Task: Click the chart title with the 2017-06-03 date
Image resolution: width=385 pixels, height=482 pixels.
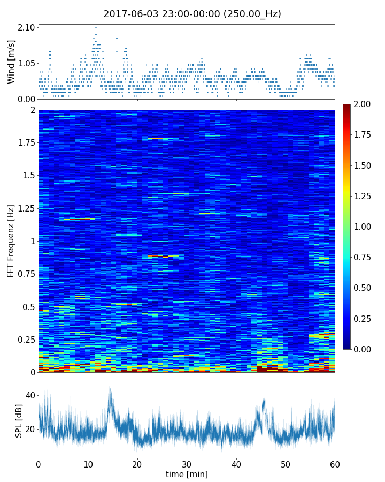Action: point(192,14)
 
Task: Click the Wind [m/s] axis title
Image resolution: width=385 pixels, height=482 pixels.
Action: point(11,64)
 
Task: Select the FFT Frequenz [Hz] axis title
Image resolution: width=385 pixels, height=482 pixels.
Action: point(11,241)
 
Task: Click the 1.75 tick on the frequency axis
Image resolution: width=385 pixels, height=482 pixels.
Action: point(27,142)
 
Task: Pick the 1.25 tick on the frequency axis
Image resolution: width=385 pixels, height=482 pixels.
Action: point(27,208)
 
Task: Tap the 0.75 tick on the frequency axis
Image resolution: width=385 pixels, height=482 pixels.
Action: point(27,274)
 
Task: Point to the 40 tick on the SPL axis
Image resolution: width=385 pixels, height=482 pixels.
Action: point(30,395)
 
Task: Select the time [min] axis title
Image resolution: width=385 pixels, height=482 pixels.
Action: point(187,474)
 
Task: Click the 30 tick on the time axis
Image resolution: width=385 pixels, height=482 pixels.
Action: point(187,463)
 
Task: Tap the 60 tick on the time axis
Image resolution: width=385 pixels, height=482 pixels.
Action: point(335,463)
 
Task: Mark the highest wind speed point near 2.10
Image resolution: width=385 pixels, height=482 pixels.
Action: point(96,27)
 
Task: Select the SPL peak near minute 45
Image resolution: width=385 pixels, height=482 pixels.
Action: point(263,400)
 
